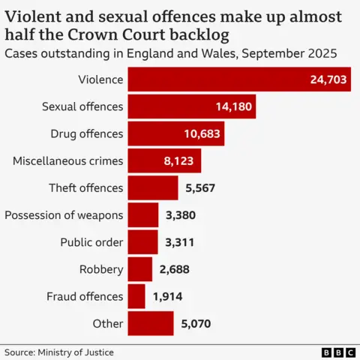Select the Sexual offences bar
click(x=191, y=106)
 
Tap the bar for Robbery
click(x=140, y=268)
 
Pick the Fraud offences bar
click(x=136, y=296)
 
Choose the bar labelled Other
click(x=151, y=323)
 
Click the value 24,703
click(x=328, y=79)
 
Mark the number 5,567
click(x=199, y=188)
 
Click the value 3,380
click(x=180, y=215)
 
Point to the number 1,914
click(x=166, y=296)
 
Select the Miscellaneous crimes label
click(x=67, y=160)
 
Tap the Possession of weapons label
click(x=64, y=215)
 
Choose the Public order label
click(x=91, y=242)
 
